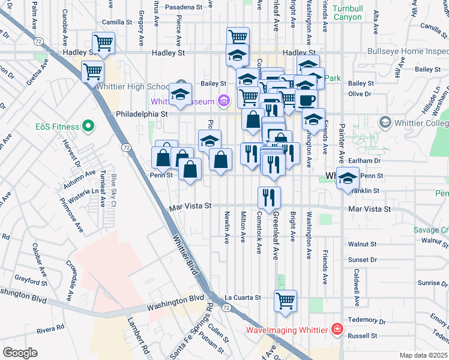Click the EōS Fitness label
point(57,127)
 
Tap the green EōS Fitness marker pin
point(89,127)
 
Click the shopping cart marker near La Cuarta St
point(286,301)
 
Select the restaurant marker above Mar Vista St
point(269,197)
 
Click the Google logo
point(20,352)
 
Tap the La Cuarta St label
point(243,297)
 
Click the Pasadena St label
point(184,7)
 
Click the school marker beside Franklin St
point(348,178)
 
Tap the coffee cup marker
point(306,99)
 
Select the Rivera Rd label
point(50,328)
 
